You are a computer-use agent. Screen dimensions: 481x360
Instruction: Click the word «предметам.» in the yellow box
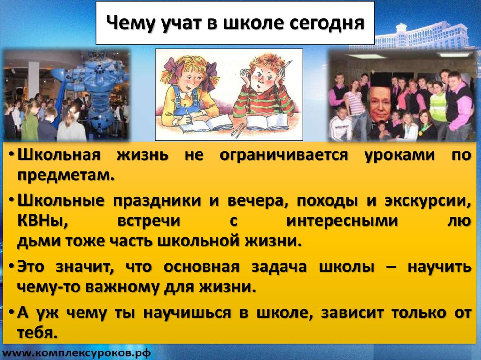[x=66, y=176]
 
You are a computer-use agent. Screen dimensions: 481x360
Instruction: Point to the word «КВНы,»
[x=43, y=221]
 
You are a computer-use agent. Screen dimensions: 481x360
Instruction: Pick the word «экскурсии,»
[x=427, y=201]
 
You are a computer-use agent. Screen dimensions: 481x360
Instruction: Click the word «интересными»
[x=342, y=221]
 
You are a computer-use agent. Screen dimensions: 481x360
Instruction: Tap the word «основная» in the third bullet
[x=201, y=267]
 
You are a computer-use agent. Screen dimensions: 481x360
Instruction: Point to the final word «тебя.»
[x=38, y=332]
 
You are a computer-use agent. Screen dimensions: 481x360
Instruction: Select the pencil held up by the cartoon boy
[x=287, y=65]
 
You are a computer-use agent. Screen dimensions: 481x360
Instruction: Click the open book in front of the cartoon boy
[x=266, y=123]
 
